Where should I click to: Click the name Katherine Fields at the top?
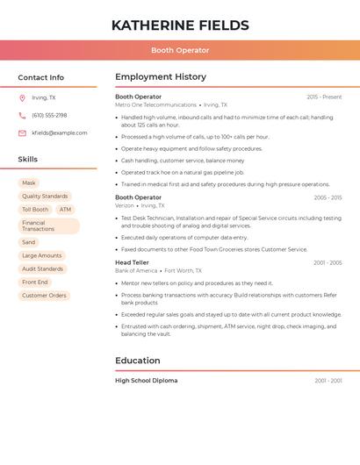(x=180, y=25)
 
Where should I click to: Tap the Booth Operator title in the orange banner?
(x=180, y=50)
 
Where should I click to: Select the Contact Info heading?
(x=41, y=77)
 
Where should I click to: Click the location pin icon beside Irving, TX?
(x=22, y=97)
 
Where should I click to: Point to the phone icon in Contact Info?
(x=22, y=115)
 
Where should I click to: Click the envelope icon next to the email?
(x=22, y=133)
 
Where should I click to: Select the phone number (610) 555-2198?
(x=49, y=115)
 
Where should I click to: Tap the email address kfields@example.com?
(x=60, y=133)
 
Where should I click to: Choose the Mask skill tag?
(x=29, y=183)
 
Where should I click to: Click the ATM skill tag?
(x=65, y=210)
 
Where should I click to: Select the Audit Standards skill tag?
(x=42, y=268)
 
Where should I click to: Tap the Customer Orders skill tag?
(x=44, y=296)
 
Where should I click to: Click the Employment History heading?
(x=161, y=77)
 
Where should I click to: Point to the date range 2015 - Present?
(x=324, y=97)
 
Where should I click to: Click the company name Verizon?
(x=125, y=205)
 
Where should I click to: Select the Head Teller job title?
(x=132, y=262)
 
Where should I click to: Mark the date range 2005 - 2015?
(x=328, y=197)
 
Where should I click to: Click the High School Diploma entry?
(x=146, y=381)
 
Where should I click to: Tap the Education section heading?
(x=138, y=361)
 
